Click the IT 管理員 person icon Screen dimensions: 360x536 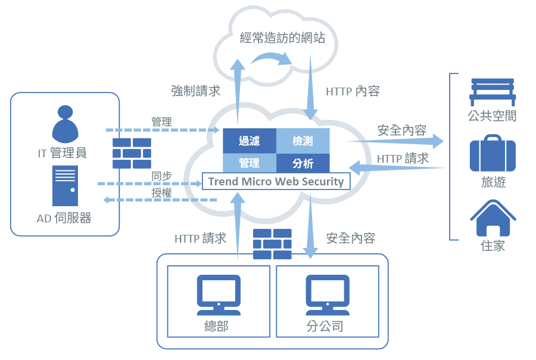click(66, 123)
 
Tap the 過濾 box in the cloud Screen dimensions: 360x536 click(249, 141)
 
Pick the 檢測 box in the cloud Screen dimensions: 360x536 click(303, 141)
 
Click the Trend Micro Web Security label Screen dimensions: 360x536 click(276, 182)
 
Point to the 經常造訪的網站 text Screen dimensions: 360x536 click(283, 39)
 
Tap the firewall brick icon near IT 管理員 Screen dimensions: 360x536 click(132, 153)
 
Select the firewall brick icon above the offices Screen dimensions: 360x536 click(272, 244)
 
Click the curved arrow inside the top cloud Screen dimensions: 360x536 click(272, 57)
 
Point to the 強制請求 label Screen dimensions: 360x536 click(196, 91)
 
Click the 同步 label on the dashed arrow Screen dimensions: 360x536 click(161, 176)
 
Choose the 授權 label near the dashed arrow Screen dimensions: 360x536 click(161, 193)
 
